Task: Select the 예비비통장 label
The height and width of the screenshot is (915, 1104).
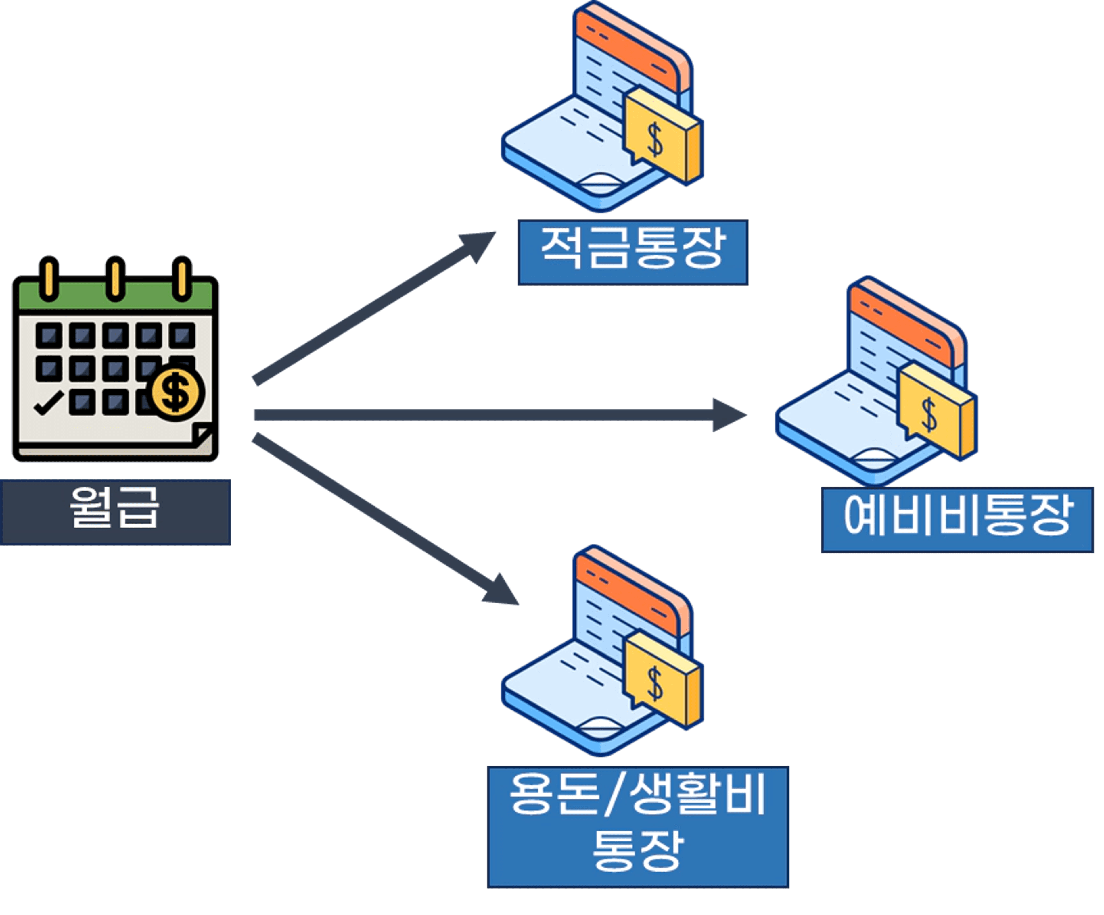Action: pos(957,519)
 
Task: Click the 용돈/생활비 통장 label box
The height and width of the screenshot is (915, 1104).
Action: pos(638,826)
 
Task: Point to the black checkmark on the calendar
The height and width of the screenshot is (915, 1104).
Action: pos(48,404)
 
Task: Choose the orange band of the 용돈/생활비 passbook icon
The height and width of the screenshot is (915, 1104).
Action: pos(626,591)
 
